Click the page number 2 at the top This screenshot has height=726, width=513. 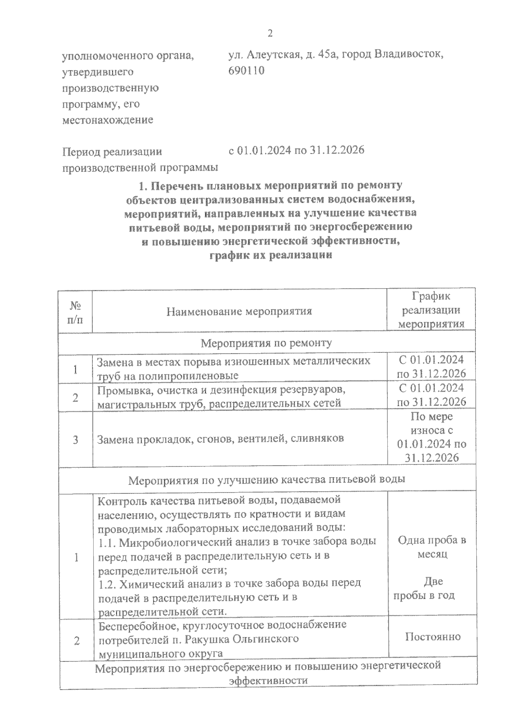click(x=270, y=34)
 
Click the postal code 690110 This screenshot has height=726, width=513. click(x=247, y=71)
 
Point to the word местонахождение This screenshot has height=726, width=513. click(x=108, y=120)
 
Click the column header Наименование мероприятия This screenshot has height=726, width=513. click(x=239, y=311)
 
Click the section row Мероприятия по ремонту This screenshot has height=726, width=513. click(x=266, y=343)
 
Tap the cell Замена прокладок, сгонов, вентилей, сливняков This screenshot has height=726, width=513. click(x=221, y=439)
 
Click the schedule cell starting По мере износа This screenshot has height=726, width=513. click(x=431, y=437)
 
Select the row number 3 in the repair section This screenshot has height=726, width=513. click(x=76, y=440)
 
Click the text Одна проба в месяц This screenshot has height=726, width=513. click(x=431, y=547)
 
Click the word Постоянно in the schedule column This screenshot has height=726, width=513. click(x=433, y=637)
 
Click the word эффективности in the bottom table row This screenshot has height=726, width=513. click(x=268, y=681)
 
